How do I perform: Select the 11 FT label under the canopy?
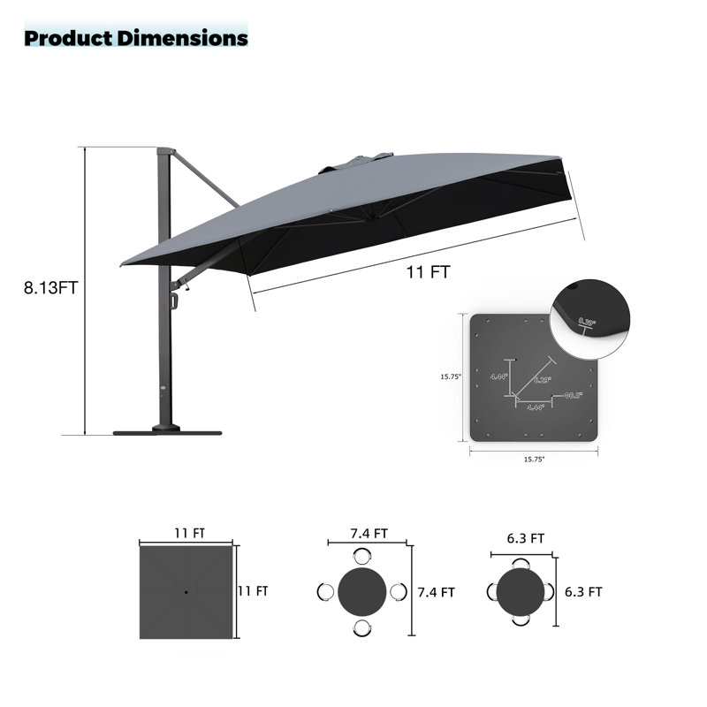[x=428, y=272]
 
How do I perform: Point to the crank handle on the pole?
[x=174, y=300]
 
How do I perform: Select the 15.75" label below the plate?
[x=533, y=460]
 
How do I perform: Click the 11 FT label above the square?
[x=189, y=533]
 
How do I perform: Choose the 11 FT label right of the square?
[x=255, y=589]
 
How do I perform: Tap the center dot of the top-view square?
[x=187, y=590]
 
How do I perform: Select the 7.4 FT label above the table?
[x=369, y=533]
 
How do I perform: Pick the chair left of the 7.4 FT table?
[x=323, y=590]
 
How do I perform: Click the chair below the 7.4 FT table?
[x=361, y=627]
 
